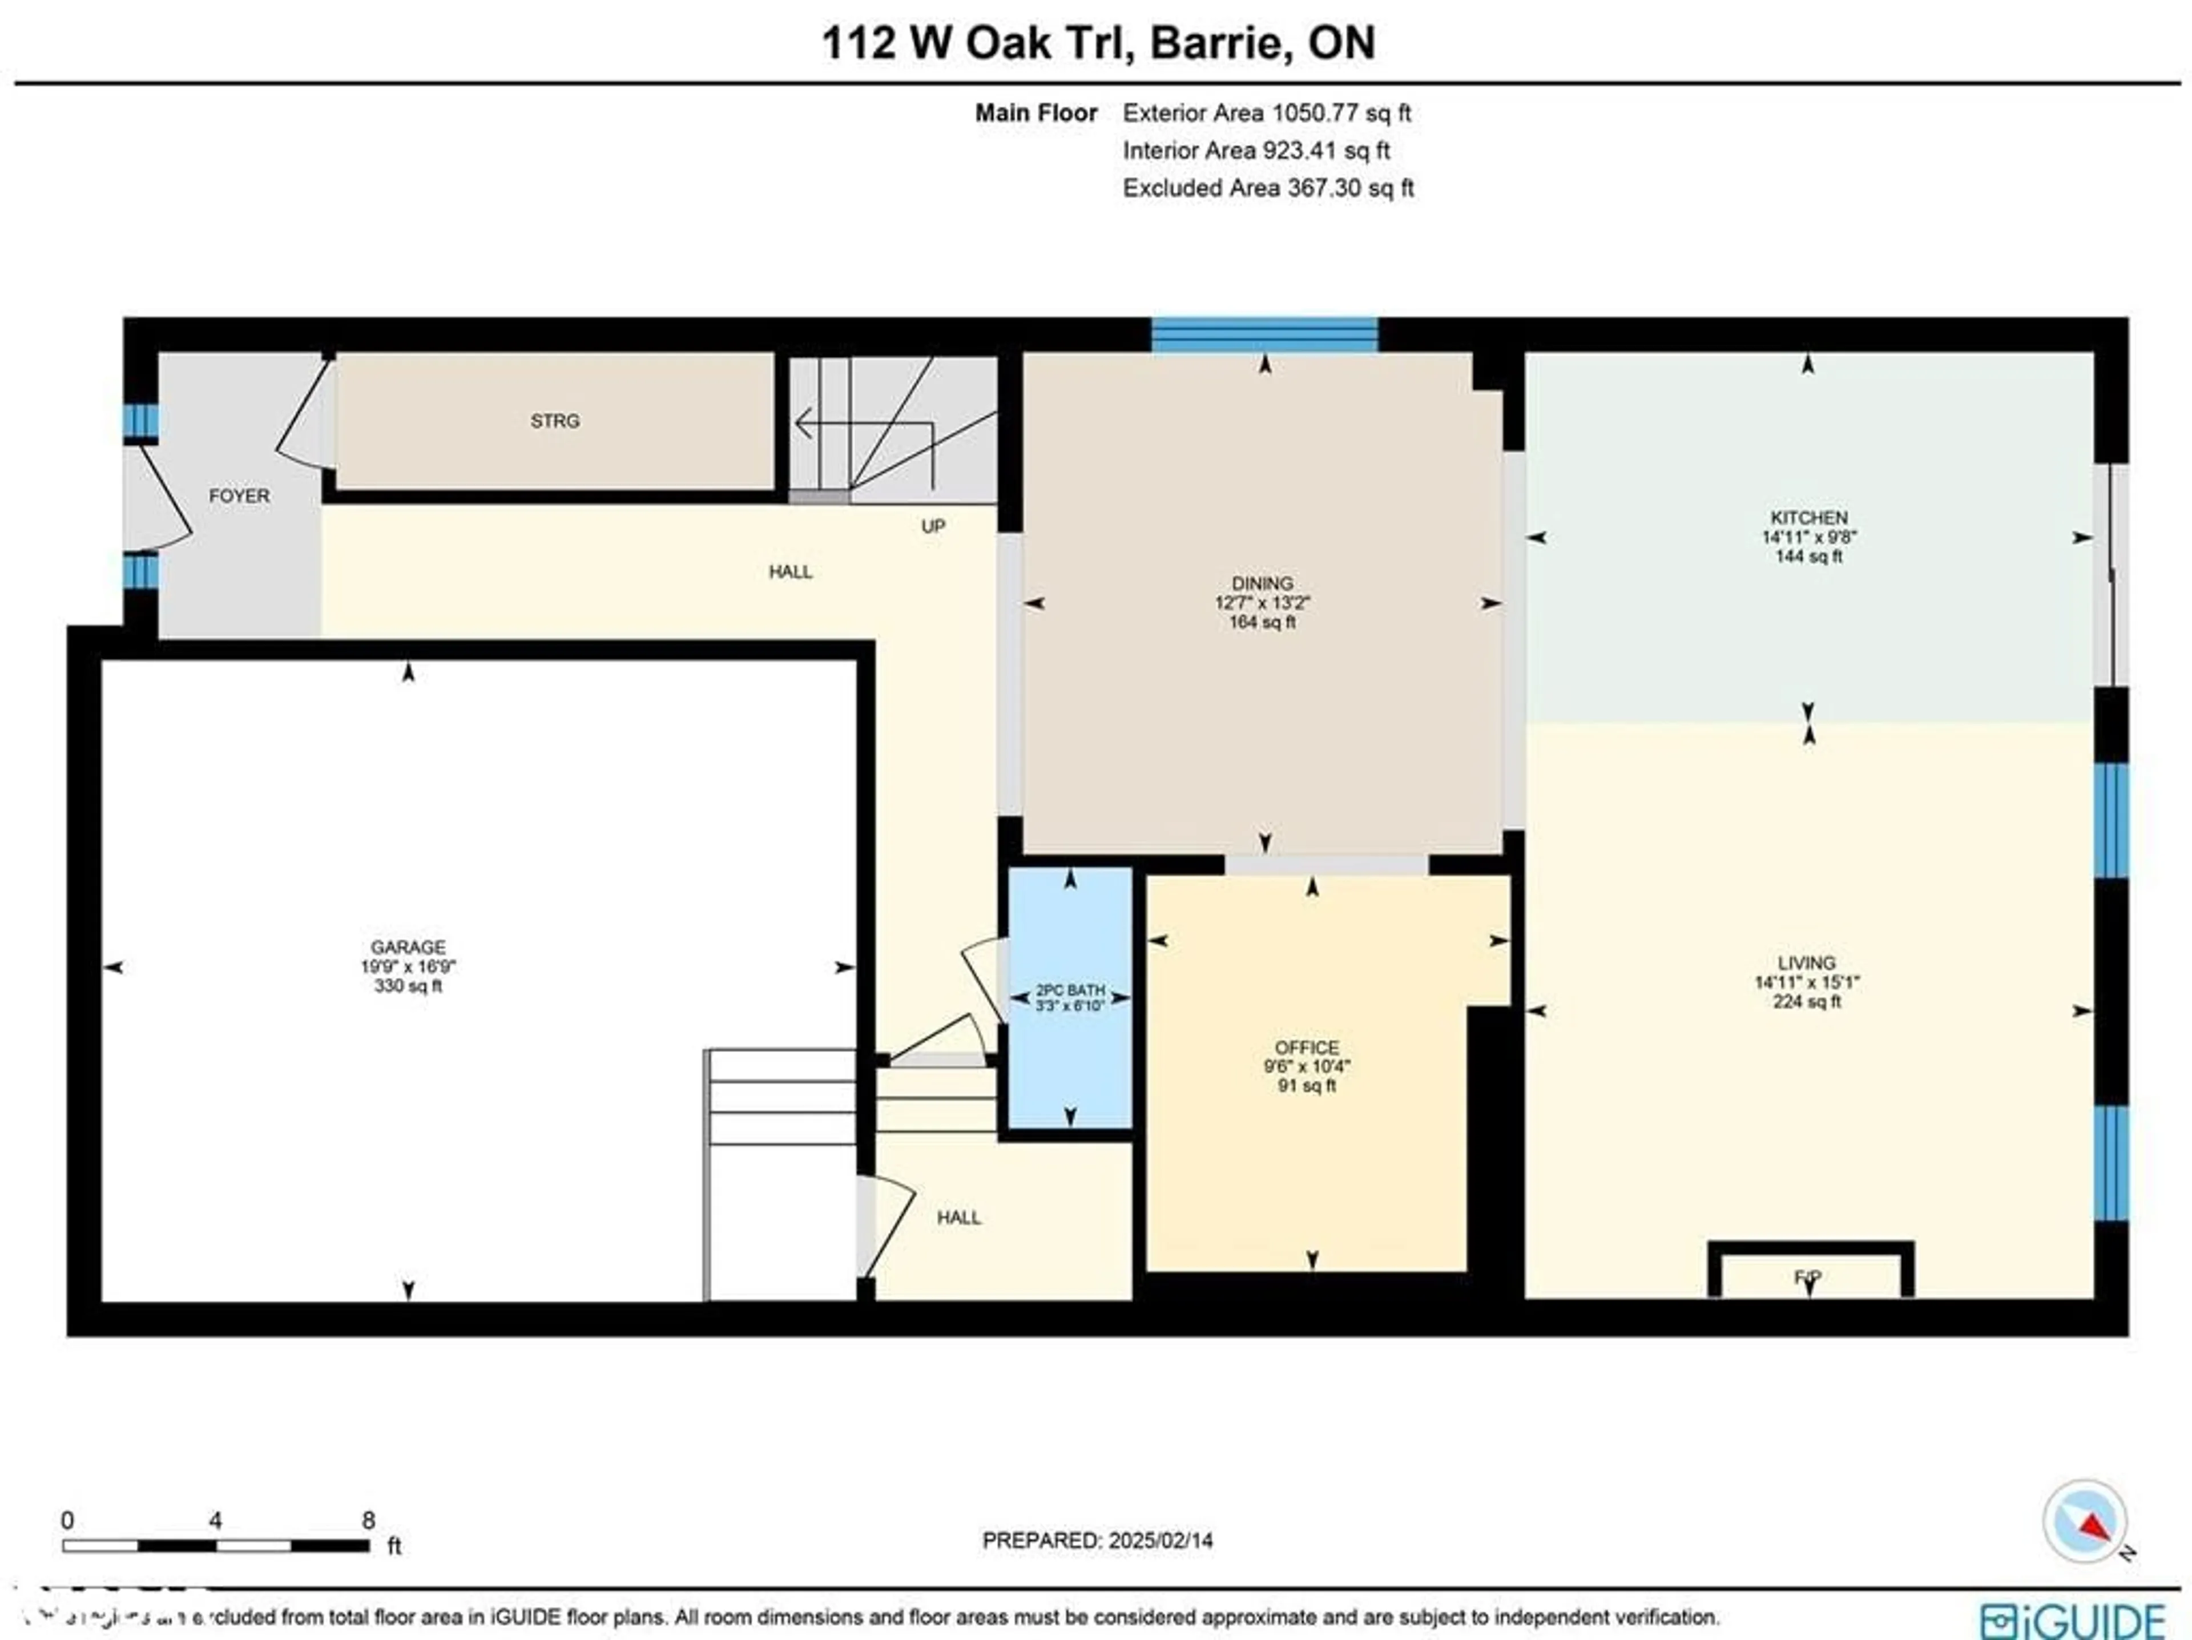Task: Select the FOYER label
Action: pyautogui.click(x=239, y=495)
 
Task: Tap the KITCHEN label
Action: pyautogui.click(x=1808, y=517)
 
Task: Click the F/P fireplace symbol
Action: pyautogui.click(x=1808, y=1278)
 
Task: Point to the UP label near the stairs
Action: pyautogui.click(x=933, y=526)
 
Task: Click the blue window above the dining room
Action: pyautogui.click(x=1263, y=335)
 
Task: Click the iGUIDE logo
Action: pyautogui.click(x=2073, y=1620)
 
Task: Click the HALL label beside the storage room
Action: pyautogui.click(x=790, y=572)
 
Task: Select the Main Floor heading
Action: pyautogui.click(x=1035, y=113)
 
